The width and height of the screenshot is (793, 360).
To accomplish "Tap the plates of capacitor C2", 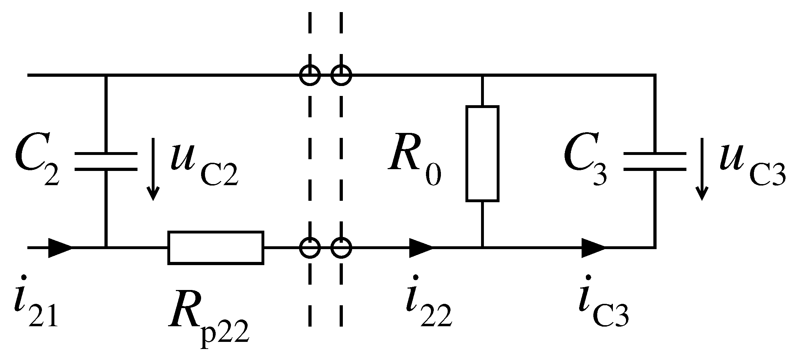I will tap(106, 162).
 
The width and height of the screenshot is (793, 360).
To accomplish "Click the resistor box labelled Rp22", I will tap(216, 248).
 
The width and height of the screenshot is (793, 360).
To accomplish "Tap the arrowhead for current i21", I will tap(60, 248).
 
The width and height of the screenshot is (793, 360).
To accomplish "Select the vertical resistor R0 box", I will tap(482, 154).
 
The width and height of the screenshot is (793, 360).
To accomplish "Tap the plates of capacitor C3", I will tap(654, 162).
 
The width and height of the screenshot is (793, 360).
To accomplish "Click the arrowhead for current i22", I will tap(421, 248).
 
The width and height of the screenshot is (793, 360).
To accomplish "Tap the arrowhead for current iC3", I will tap(593, 248).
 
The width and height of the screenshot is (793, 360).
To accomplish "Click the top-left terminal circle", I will tap(310, 75).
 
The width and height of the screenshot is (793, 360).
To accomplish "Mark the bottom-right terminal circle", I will tap(341, 248).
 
